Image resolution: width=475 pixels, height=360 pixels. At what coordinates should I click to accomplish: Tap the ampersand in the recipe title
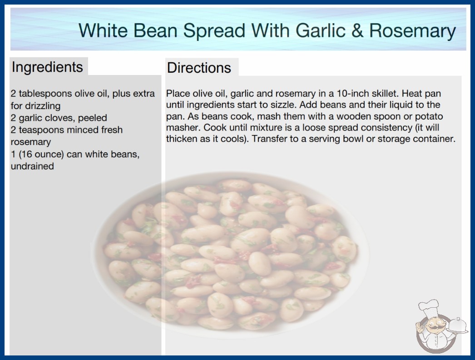pos(357,31)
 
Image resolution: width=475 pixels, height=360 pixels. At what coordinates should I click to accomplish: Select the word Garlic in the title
pos(321,30)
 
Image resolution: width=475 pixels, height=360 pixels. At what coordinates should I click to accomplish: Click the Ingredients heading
pos(47,67)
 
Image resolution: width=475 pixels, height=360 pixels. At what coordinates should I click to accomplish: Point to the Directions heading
pos(199,68)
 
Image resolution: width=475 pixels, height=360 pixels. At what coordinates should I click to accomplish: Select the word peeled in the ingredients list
pos(92,118)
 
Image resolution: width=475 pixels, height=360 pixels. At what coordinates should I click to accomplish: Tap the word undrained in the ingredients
pos(32,166)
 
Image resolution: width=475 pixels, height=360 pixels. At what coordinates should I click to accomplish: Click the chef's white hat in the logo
pos(428,308)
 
